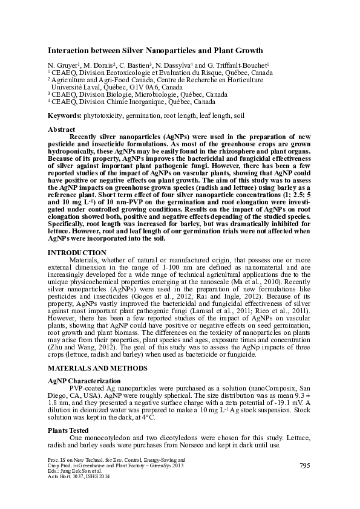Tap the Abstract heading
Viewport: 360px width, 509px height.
click(x=61, y=129)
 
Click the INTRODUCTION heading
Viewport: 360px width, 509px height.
click(x=77, y=253)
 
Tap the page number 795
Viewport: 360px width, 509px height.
click(x=306, y=465)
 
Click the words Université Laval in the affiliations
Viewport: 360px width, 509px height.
click(x=75, y=87)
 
